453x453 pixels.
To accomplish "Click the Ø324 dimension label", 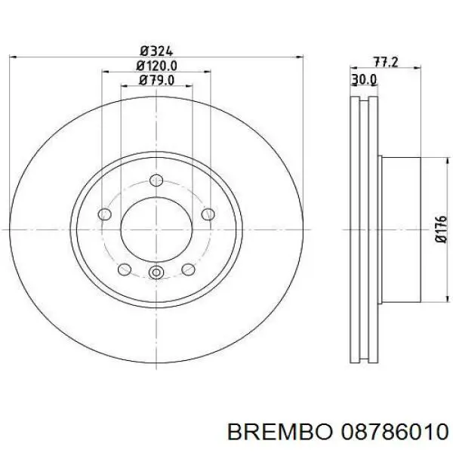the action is click(156, 51).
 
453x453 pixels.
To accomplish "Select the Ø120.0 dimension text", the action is click(156, 66).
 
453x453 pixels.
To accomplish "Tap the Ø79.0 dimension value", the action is click(156, 80).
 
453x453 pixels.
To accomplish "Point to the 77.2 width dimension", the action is click(386, 62).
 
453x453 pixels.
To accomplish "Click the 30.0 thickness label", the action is click(364, 79).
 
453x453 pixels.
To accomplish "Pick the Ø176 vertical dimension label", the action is click(441, 229).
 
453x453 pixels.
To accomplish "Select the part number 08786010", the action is click(394, 432).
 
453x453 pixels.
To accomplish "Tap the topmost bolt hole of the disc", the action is click(156, 180).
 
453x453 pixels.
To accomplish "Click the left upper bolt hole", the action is click(105, 214).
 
